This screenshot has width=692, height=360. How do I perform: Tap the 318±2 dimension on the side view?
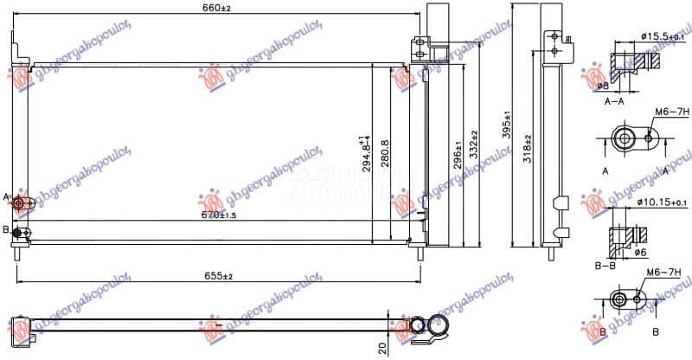coord(527,153)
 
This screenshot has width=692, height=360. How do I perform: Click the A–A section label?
coord(614,101)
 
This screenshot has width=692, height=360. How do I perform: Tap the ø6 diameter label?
coord(640,253)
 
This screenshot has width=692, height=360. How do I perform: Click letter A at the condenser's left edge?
coord(7,199)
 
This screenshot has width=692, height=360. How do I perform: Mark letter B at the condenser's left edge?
coord(7,229)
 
